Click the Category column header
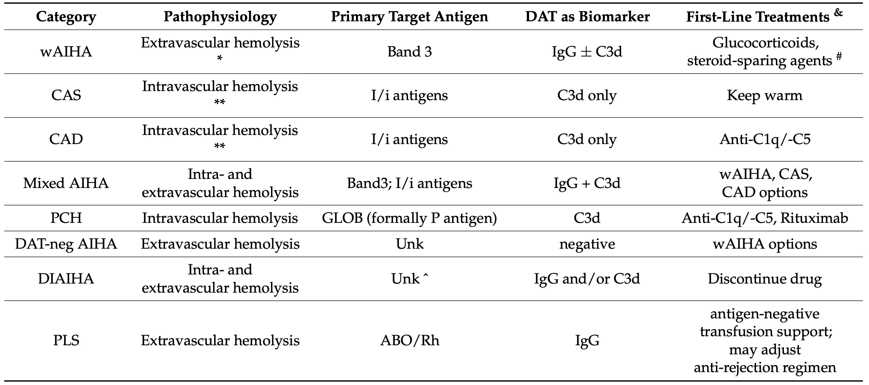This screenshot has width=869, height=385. coord(66,17)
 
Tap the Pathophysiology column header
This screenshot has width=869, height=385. coord(220,17)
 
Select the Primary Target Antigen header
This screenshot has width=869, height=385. coord(409,17)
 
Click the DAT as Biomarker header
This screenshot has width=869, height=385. coord(587,17)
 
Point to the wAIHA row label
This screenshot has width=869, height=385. coord(66,52)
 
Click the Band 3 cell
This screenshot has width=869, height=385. coord(409,52)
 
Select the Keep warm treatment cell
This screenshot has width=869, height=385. coord(764,95)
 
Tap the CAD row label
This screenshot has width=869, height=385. coord(66,139)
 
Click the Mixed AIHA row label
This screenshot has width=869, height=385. coord(66,183)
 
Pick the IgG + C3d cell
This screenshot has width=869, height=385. coord(587,183)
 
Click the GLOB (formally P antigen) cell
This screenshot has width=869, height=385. coord(409,218)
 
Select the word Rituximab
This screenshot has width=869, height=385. coord(814,218)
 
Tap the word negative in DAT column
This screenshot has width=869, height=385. coord(587,244)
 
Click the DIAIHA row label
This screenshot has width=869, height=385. coord(66,279)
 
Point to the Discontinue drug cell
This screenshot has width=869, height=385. coord(764,279)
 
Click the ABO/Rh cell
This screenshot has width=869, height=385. coord(409,340)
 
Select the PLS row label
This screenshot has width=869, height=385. coord(66,340)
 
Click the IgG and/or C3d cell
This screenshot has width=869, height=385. coord(587,279)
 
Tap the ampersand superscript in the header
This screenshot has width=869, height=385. coord(838,13)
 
